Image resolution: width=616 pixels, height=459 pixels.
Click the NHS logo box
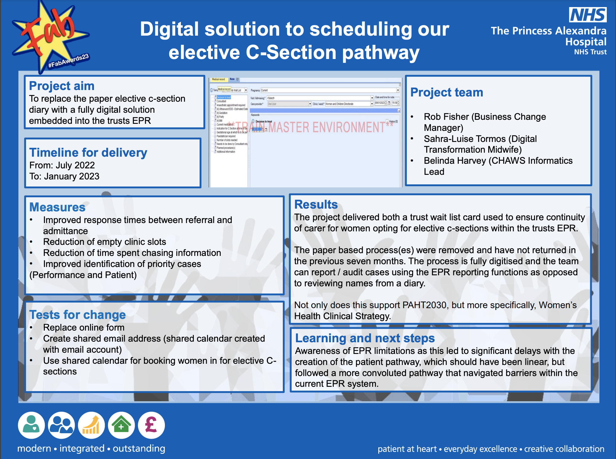(588, 15)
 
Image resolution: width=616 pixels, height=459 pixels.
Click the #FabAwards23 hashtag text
(68, 61)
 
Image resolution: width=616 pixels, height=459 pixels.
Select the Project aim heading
(62, 86)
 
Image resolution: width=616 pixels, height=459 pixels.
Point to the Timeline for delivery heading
(88, 152)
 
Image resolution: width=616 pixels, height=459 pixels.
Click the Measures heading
(57, 207)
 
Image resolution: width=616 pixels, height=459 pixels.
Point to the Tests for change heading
(77, 315)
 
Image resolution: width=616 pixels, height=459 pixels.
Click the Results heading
(316, 204)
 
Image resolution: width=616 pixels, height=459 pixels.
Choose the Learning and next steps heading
(365, 338)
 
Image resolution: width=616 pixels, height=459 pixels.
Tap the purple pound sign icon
(151, 425)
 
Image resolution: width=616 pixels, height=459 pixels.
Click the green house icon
(121, 425)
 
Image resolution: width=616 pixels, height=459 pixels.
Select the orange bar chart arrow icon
(91, 425)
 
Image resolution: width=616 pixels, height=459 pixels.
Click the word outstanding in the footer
(139, 449)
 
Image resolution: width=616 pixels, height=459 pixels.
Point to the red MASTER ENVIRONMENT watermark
(326, 127)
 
